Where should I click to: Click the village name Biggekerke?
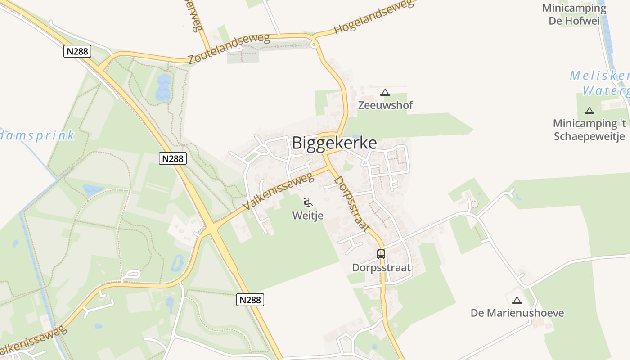point(334,143)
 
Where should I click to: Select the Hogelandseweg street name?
point(374,17)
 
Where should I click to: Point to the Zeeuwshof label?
point(385,105)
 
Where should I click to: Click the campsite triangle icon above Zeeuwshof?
point(385,93)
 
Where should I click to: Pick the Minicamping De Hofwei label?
point(574,14)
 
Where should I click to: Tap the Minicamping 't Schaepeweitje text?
point(589,130)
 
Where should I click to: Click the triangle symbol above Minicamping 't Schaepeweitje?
point(589,111)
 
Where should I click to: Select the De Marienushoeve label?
point(517,313)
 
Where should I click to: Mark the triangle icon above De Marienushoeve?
point(517,300)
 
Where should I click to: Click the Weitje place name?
point(308,216)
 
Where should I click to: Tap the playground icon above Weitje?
point(308,202)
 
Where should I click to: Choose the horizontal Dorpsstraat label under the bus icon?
point(381,268)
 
